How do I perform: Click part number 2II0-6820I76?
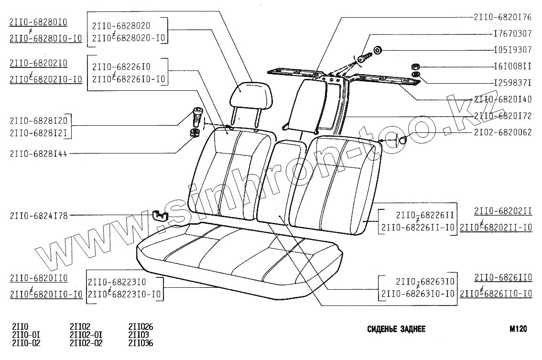pos(502,17)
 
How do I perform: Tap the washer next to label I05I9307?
pos(377,49)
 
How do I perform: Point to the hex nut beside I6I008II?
pos(415,66)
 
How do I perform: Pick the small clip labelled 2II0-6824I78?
pos(160,215)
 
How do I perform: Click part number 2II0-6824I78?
pos(39,216)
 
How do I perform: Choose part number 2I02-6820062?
pos(502,132)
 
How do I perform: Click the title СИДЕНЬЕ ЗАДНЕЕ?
pos(396,329)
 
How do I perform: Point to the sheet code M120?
pos(518,329)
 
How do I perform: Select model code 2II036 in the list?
pos(141,343)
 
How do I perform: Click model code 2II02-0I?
pos(86,335)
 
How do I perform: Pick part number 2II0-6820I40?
pos(502,99)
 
